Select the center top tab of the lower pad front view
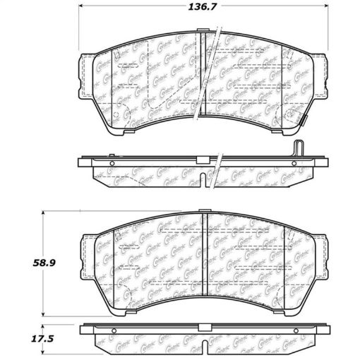tap(203, 210)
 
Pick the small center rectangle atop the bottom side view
tap(203, 326)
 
